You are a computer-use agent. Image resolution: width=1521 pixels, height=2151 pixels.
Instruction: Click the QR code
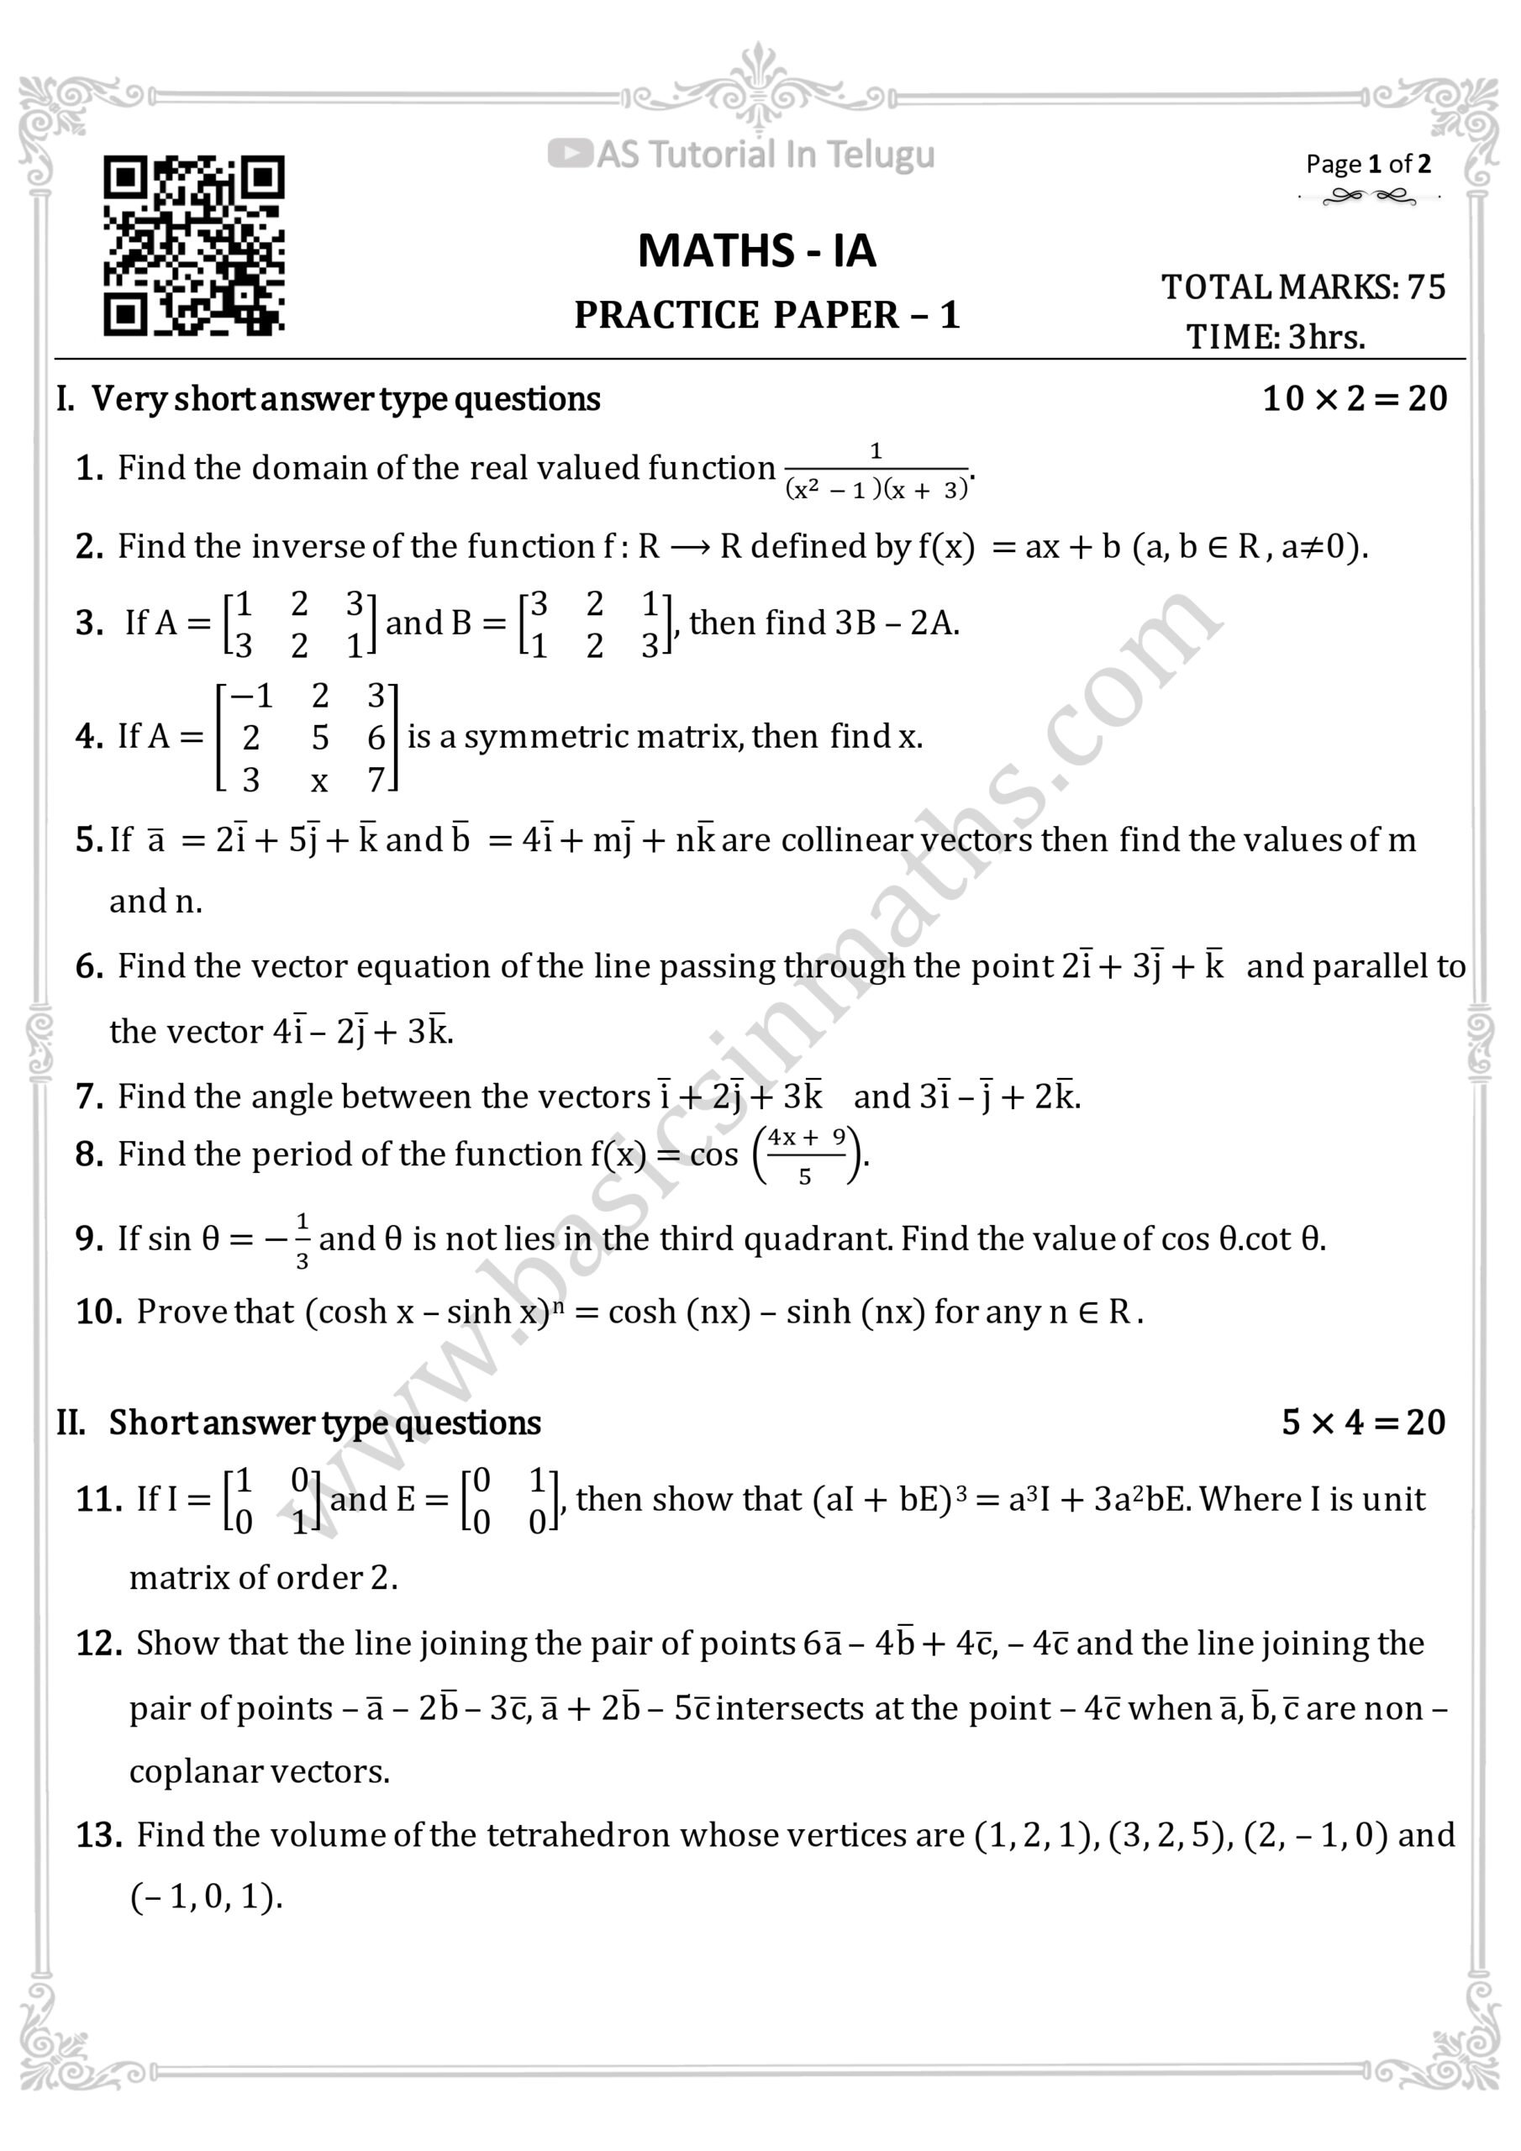(194, 245)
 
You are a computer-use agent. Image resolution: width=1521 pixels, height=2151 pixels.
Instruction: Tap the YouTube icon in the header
(569, 154)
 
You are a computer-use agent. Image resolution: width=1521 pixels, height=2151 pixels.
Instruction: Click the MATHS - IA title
(757, 251)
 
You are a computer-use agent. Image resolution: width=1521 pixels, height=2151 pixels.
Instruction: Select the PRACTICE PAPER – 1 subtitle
(766, 316)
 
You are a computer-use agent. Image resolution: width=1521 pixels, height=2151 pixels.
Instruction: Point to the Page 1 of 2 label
(1368, 165)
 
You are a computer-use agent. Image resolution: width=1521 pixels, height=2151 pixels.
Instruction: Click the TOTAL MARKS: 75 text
(1303, 287)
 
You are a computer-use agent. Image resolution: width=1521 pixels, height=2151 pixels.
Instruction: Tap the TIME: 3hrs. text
(1276, 336)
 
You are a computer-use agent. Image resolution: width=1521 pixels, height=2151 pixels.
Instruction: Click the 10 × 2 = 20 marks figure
(1354, 399)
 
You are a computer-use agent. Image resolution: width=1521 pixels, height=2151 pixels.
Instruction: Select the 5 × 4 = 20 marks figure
(1364, 1423)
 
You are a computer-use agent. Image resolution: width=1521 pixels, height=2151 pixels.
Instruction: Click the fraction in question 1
(876, 471)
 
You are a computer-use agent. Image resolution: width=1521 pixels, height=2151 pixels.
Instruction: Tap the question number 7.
(89, 1097)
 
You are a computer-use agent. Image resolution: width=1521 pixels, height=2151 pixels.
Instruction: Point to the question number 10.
(98, 1312)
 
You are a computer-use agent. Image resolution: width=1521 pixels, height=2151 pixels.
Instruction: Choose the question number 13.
(98, 1834)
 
